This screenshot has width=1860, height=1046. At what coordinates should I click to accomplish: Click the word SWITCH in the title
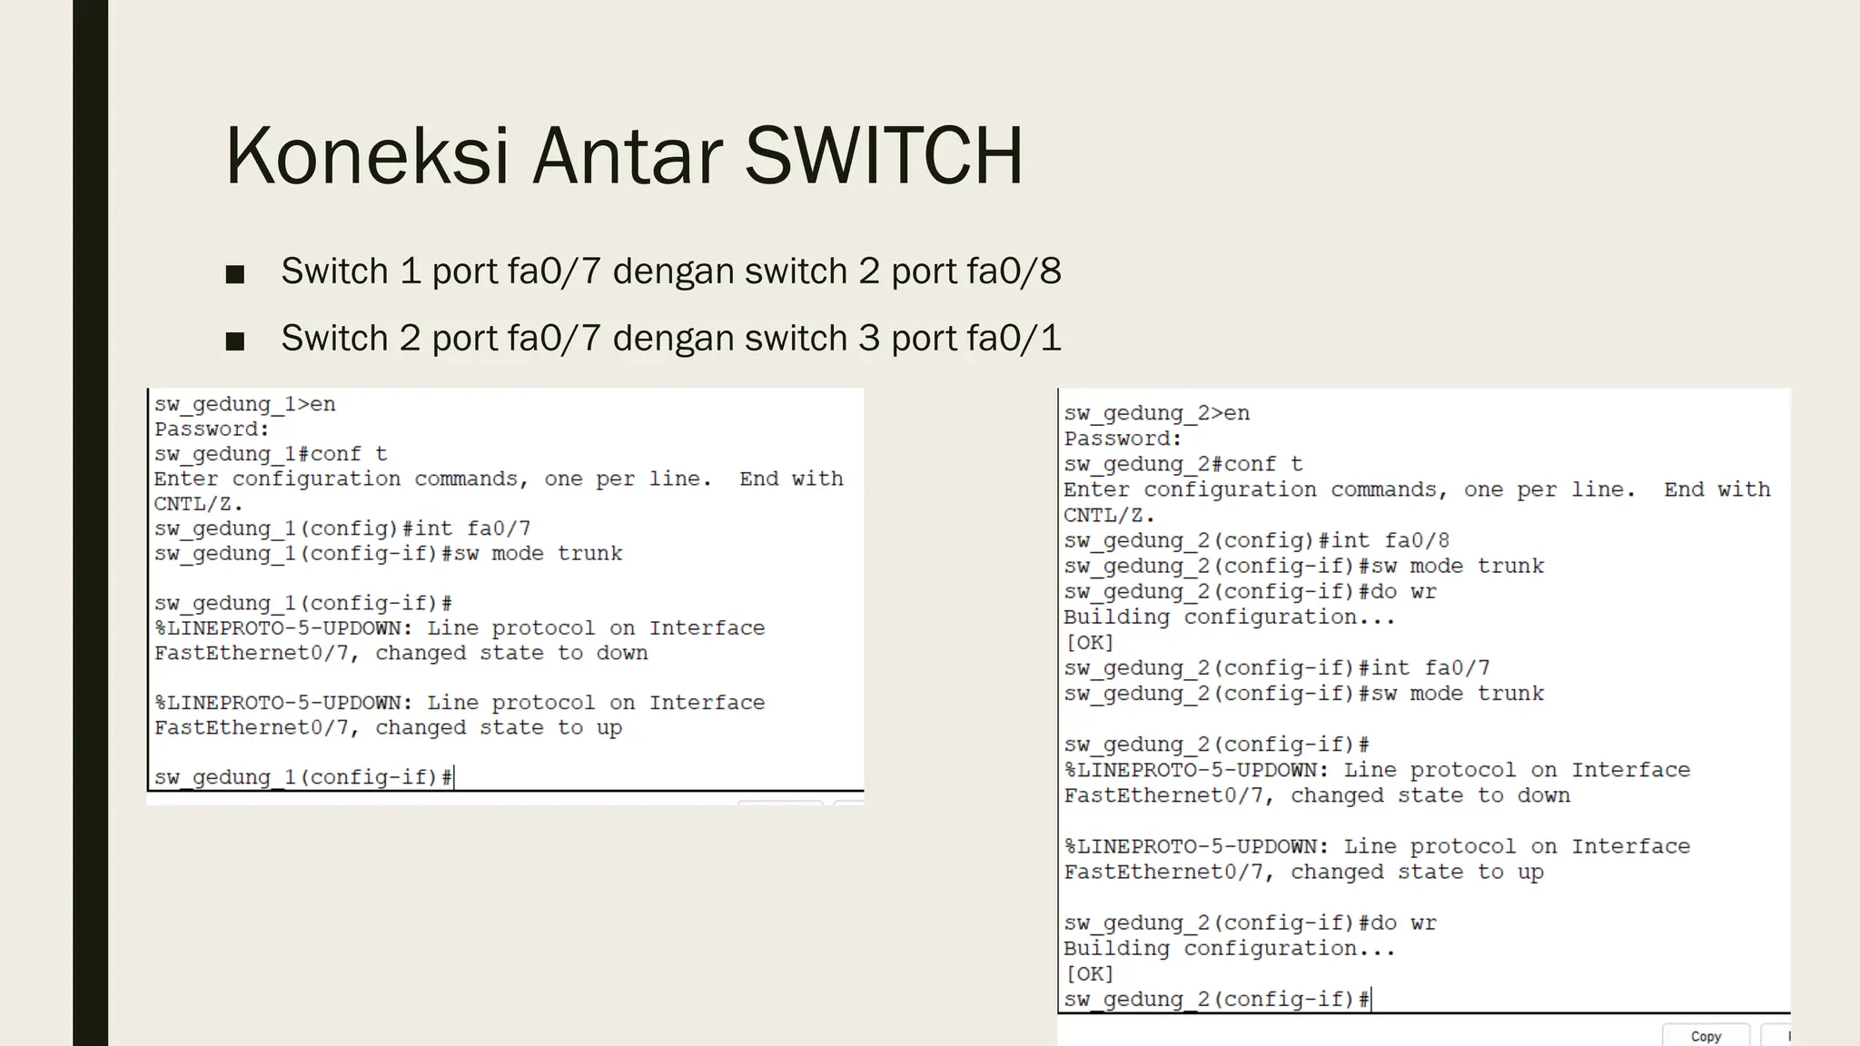[x=884, y=156]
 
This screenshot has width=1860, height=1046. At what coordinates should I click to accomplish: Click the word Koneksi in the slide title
[x=367, y=156]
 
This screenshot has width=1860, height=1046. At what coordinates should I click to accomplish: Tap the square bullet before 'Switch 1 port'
[x=235, y=274]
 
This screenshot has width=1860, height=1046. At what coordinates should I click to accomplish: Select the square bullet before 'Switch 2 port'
[x=235, y=341]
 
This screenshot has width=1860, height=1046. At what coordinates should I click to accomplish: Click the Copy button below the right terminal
[x=1705, y=1036]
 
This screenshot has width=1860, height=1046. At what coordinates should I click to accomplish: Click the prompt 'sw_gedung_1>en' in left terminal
[x=244, y=404]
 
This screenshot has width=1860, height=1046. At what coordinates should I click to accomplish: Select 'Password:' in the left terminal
[x=212, y=429]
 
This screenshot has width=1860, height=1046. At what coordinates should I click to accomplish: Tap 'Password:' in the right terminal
[x=1123, y=439]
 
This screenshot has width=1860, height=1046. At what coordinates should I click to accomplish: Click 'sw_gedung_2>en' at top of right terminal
[x=1156, y=414]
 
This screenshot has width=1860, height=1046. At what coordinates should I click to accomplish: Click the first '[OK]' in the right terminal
[x=1089, y=643]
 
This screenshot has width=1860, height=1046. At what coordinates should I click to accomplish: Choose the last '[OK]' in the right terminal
[x=1089, y=974]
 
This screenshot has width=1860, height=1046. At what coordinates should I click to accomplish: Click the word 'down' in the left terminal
[x=622, y=654]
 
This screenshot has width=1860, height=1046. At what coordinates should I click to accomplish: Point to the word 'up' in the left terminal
[x=609, y=728]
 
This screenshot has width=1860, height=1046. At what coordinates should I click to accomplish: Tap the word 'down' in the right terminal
[x=1544, y=796]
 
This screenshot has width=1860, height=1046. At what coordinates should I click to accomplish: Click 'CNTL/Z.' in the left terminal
[x=198, y=504]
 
